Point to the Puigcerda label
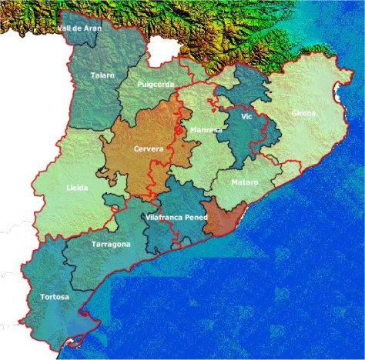(156, 85)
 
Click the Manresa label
(206, 130)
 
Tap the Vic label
(246, 116)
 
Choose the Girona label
(303, 114)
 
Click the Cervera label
(148, 148)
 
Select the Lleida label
(78, 186)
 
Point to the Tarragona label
(111, 244)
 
